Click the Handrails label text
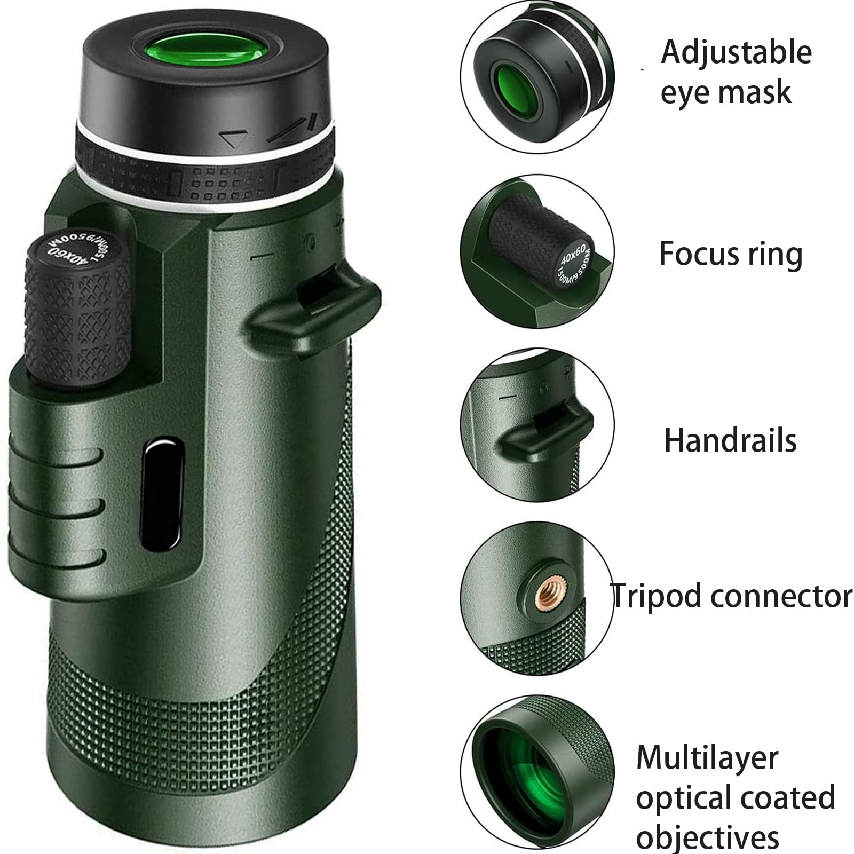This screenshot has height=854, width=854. [x=730, y=441]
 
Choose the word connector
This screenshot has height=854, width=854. [x=781, y=596]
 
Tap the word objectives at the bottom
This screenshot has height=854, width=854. [x=707, y=837]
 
